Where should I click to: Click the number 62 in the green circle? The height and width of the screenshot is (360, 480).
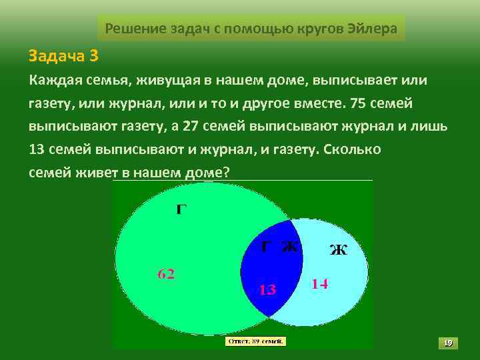pyautogui.click(x=166, y=273)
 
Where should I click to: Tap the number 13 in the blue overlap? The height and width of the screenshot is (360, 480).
pyautogui.click(x=267, y=289)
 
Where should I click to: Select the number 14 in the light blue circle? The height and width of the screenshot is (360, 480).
pyautogui.click(x=320, y=283)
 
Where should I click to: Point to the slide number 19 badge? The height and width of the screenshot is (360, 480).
pyautogui.click(x=448, y=343)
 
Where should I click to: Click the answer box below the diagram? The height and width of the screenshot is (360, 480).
pyautogui.click(x=256, y=341)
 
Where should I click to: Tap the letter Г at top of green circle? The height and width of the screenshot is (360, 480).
pyautogui.click(x=181, y=209)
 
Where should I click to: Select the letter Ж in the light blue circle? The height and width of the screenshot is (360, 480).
pyautogui.click(x=339, y=250)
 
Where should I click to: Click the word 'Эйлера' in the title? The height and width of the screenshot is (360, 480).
pyautogui.click(x=373, y=29)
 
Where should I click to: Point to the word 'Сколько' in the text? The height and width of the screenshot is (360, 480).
pyautogui.click(x=351, y=149)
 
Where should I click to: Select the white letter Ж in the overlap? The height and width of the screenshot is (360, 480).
pyautogui.click(x=289, y=246)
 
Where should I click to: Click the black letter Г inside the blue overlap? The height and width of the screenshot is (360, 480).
pyautogui.click(x=265, y=246)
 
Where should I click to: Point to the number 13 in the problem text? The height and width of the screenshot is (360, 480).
pyautogui.click(x=37, y=149)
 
